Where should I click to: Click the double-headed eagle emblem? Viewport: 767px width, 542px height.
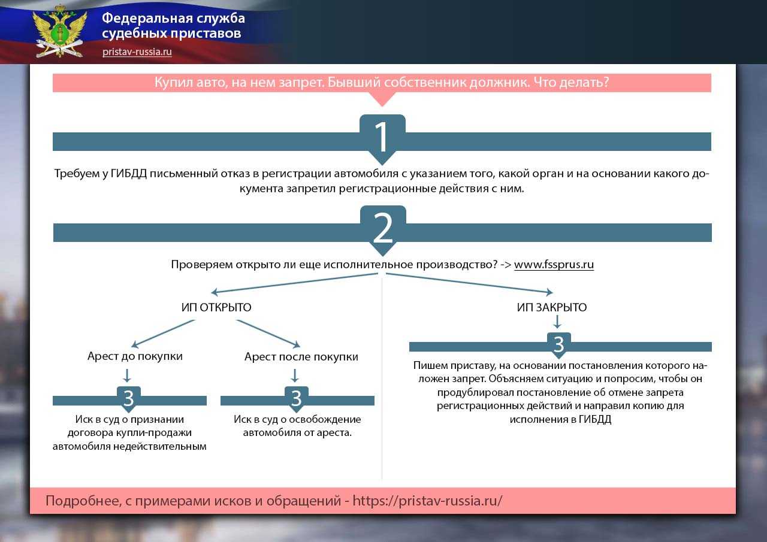click(x=59, y=32)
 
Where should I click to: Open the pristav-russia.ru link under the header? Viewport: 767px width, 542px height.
click(x=137, y=52)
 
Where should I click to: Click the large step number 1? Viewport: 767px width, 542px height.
click(x=382, y=137)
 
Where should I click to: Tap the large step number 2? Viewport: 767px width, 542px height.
click(x=382, y=228)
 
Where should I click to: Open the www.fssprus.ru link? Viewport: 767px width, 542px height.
click(x=554, y=265)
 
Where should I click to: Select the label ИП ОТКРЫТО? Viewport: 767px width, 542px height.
click(x=216, y=307)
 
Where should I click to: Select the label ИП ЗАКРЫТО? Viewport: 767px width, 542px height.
click(x=552, y=307)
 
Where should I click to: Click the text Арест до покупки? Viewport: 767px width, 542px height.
click(x=135, y=356)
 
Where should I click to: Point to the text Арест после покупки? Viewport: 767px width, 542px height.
click(x=301, y=357)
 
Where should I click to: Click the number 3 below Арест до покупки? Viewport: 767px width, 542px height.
click(x=128, y=398)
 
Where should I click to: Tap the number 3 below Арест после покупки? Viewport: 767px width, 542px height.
click(x=296, y=398)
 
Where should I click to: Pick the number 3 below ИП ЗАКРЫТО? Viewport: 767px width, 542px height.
click(x=558, y=344)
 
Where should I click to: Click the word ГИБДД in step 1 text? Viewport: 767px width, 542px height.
click(x=128, y=174)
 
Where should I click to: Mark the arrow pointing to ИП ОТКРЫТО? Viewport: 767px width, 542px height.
click(x=294, y=283)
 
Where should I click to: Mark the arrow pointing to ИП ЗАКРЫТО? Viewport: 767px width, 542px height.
click(x=469, y=283)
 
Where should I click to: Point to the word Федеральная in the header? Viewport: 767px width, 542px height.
click(x=141, y=19)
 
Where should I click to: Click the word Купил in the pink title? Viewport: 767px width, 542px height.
click(x=174, y=83)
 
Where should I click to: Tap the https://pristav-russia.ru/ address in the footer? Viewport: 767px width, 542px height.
click(x=427, y=501)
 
